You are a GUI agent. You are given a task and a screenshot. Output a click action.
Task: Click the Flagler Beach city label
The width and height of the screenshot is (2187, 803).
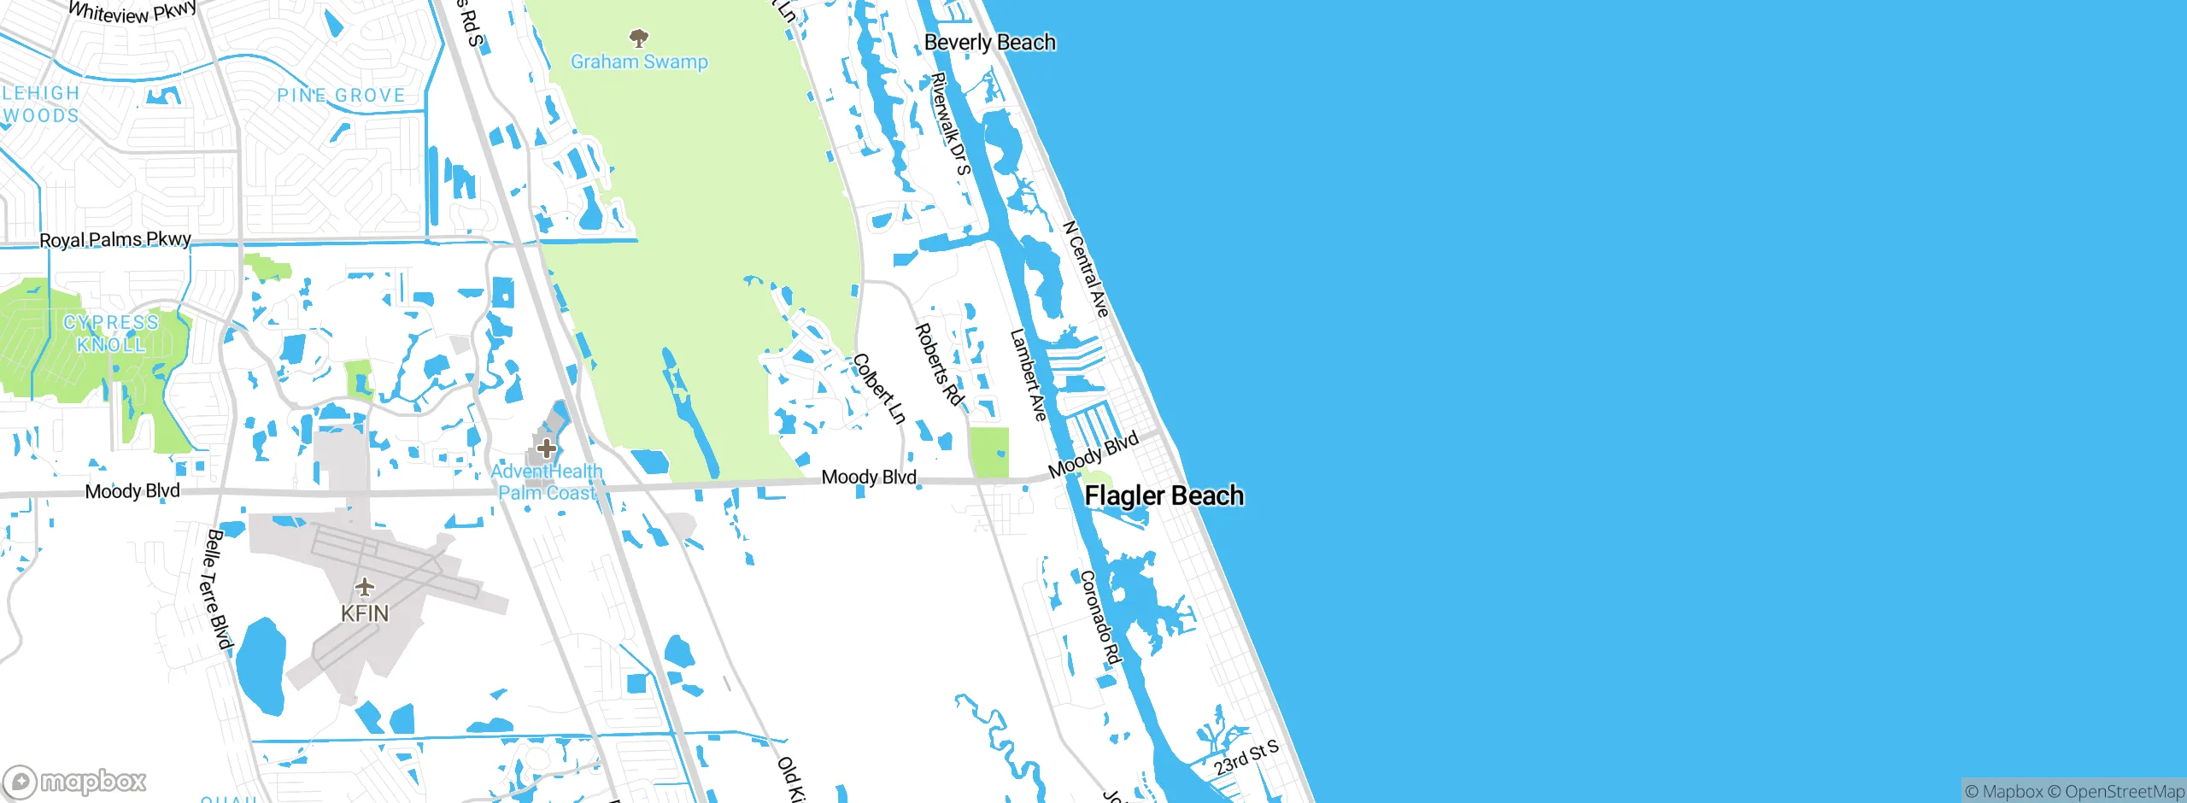click(x=1164, y=495)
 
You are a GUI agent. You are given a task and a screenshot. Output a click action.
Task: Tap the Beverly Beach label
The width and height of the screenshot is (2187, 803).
click(x=989, y=42)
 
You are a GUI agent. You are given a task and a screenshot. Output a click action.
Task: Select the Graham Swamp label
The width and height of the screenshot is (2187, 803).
click(x=639, y=62)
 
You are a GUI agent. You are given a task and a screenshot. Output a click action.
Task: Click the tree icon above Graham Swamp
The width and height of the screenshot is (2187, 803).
click(x=638, y=38)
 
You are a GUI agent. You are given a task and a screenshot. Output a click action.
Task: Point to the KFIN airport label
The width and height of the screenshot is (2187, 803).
click(x=365, y=613)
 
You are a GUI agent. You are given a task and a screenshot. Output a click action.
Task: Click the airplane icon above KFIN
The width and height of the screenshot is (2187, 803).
click(x=365, y=587)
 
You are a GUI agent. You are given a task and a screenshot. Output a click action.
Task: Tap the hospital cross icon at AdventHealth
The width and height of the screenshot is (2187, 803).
click(x=546, y=448)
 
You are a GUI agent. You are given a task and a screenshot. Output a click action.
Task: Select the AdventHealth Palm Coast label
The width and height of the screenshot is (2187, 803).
click(x=546, y=482)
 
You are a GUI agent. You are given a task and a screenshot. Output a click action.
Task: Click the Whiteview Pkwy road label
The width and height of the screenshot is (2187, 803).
click(x=132, y=12)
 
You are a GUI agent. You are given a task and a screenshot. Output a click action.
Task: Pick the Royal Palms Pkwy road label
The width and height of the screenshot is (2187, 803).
click(x=115, y=239)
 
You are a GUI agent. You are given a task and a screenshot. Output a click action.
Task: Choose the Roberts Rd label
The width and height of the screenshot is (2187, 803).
click(x=939, y=365)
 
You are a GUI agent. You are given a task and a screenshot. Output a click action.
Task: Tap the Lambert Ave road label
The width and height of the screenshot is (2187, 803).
click(x=1028, y=375)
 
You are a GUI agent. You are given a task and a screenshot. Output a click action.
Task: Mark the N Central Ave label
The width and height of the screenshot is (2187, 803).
click(x=1086, y=269)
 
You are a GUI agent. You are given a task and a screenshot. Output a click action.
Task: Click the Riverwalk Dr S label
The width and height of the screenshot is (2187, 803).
click(x=951, y=124)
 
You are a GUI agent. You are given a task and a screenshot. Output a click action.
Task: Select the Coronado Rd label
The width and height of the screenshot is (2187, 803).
click(x=1100, y=617)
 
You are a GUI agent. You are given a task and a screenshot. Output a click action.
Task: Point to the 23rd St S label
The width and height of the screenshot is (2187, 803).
click(x=1246, y=758)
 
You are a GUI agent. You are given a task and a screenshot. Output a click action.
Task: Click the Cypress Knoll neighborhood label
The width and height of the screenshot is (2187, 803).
click(x=111, y=333)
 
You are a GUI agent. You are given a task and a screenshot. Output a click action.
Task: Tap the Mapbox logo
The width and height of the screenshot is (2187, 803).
click(x=75, y=781)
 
